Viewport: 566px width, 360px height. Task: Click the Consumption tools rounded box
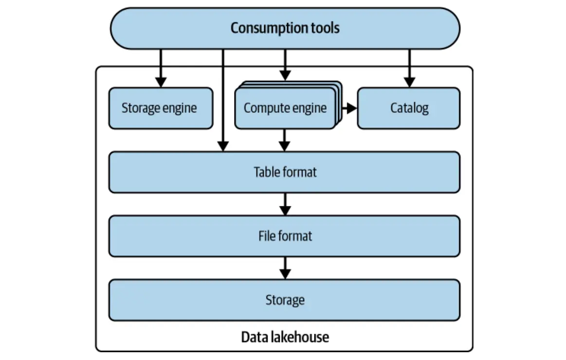[x=285, y=28]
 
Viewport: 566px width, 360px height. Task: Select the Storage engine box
[x=160, y=108]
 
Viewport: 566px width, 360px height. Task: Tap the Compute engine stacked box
[x=285, y=108]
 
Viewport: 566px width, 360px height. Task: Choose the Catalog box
[x=409, y=108]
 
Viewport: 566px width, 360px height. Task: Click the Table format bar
[x=284, y=172]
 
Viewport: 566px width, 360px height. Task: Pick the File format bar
[x=284, y=236]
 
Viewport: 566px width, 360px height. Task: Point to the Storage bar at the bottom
[x=284, y=300]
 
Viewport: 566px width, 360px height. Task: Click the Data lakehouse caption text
[x=285, y=337]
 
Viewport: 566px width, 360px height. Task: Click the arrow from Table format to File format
[x=285, y=204]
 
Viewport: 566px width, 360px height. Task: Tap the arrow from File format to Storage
[x=285, y=268]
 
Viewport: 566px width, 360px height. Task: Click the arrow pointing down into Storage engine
[x=160, y=68]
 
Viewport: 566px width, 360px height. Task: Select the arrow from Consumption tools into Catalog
[x=409, y=68]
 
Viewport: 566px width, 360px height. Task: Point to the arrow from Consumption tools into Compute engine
[x=285, y=65]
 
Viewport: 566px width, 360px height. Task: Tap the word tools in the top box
[x=324, y=28]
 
